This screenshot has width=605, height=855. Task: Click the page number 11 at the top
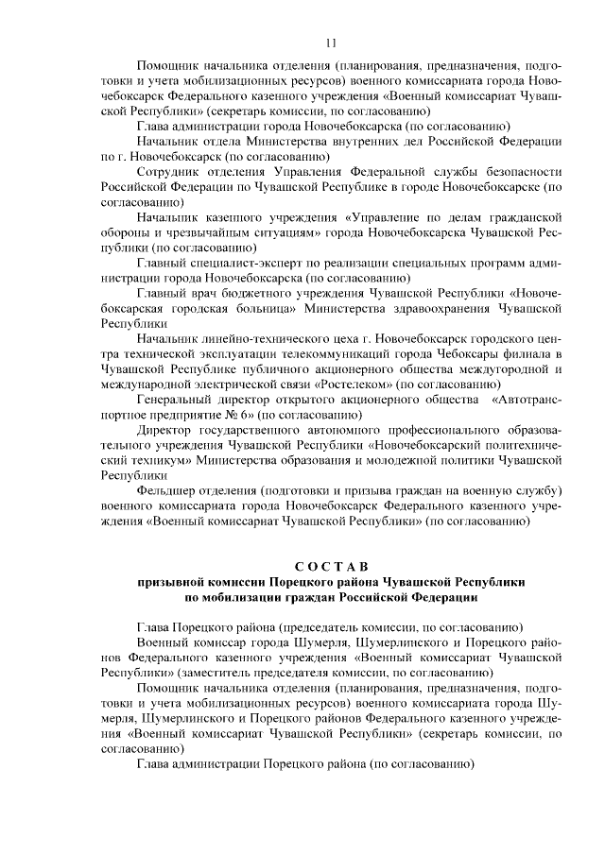(x=330, y=43)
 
